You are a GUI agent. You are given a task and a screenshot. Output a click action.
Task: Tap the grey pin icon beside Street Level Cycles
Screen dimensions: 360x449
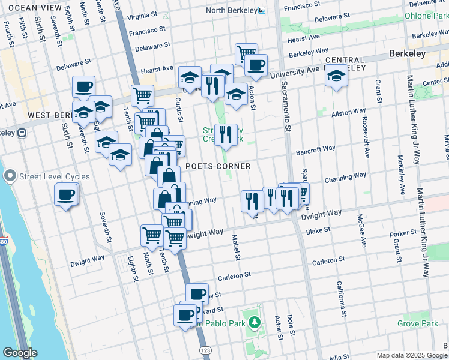(x=10, y=176)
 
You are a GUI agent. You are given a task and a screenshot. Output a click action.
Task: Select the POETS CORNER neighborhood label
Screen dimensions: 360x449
(x=217, y=166)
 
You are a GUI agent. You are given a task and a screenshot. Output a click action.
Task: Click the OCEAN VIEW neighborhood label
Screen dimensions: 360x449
(x=35, y=8)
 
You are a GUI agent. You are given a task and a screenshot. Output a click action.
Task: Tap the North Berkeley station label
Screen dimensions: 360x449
(x=231, y=11)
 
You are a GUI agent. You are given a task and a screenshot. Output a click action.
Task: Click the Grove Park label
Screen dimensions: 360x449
(x=418, y=323)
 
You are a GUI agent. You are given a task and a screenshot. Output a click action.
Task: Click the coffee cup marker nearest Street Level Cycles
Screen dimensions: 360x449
(x=66, y=194)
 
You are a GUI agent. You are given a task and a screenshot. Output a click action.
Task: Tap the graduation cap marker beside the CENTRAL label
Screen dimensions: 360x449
(x=336, y=76)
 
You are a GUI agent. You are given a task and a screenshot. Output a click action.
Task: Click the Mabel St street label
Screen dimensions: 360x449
(x=237, y=248)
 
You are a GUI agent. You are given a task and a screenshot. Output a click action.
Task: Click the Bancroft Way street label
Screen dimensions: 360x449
(x=315, y=149)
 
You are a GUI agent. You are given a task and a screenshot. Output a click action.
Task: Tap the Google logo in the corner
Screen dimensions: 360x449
(x=20, y=353)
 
